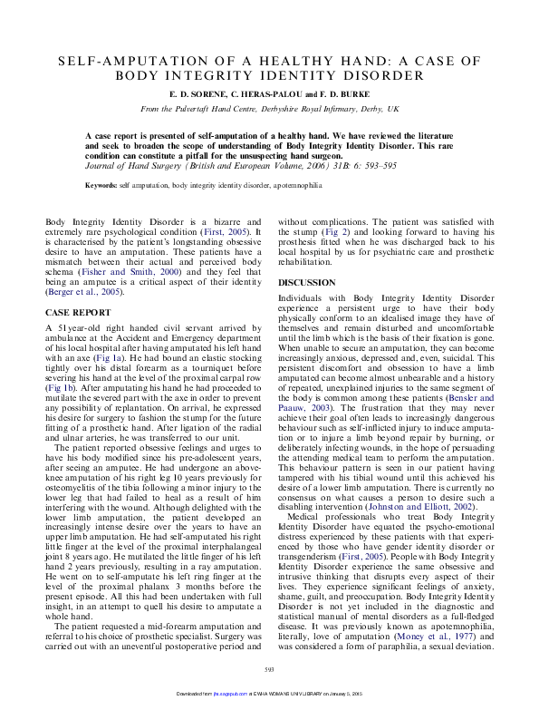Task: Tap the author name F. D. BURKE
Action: point(344,94)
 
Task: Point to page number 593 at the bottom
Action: point(269,696)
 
